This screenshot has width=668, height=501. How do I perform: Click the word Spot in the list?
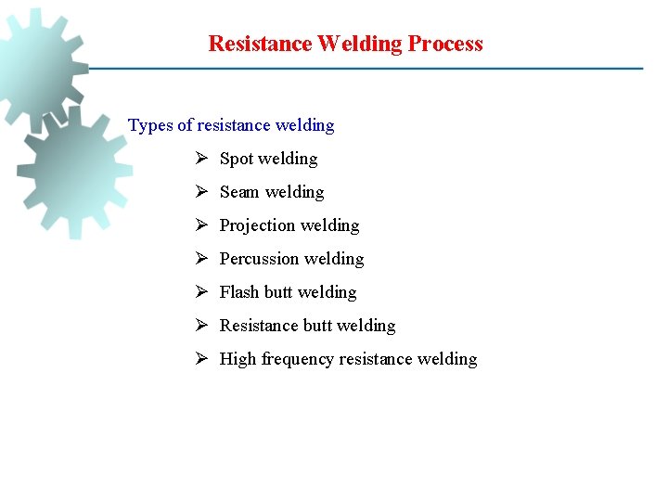pyautogui.click(x=237, y=159)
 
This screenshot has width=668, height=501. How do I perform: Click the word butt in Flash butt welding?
pyautogui.click(x=278, y=292)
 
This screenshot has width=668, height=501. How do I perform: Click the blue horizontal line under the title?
pyautogui.click(x=371, y=68)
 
